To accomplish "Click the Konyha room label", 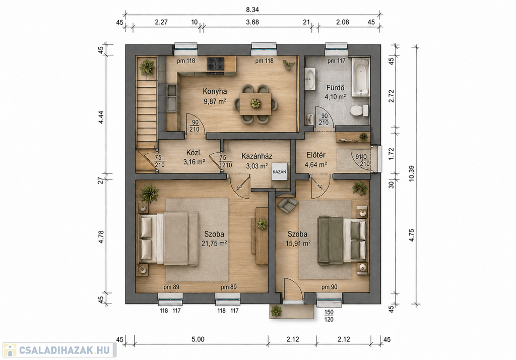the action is [x=215, y=91].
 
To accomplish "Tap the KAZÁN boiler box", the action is [x=279, y=171].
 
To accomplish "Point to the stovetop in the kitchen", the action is [x=216, y=64].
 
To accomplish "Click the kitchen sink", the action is [x=171, y=98].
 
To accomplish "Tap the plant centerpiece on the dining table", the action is [x=255, y=103].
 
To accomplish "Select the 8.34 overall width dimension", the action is [x=252, y=10].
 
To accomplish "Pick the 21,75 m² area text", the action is [x=214, y=244].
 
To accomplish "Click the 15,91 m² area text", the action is [x=298, y=244].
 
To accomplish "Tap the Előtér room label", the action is [x=316, y=155].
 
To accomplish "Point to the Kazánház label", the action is [x=256, y=156].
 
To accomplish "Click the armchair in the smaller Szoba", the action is [x=287, y=205].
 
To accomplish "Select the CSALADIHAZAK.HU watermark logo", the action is [x=59, y=350].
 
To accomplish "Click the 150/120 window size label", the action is [x=329, y=316].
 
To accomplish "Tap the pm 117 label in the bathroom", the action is [x=336, y=61].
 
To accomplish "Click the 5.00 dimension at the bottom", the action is [x=198, y=339].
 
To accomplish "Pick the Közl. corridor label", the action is [x=194, y=153].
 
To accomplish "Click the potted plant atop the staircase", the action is [x=147, y=67].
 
